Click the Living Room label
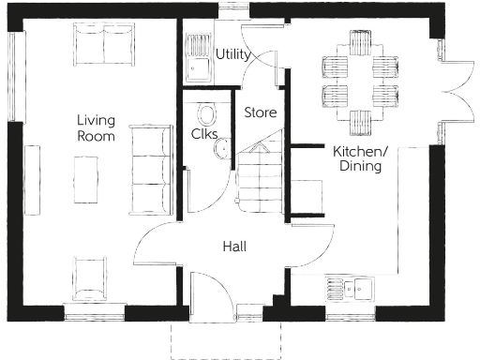pos(96,128)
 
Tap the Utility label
pos(232,54)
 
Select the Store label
pos(261,112)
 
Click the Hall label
pos(234,247)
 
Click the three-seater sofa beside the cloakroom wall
pos(148,169)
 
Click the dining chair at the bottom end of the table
pos(361,122)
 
